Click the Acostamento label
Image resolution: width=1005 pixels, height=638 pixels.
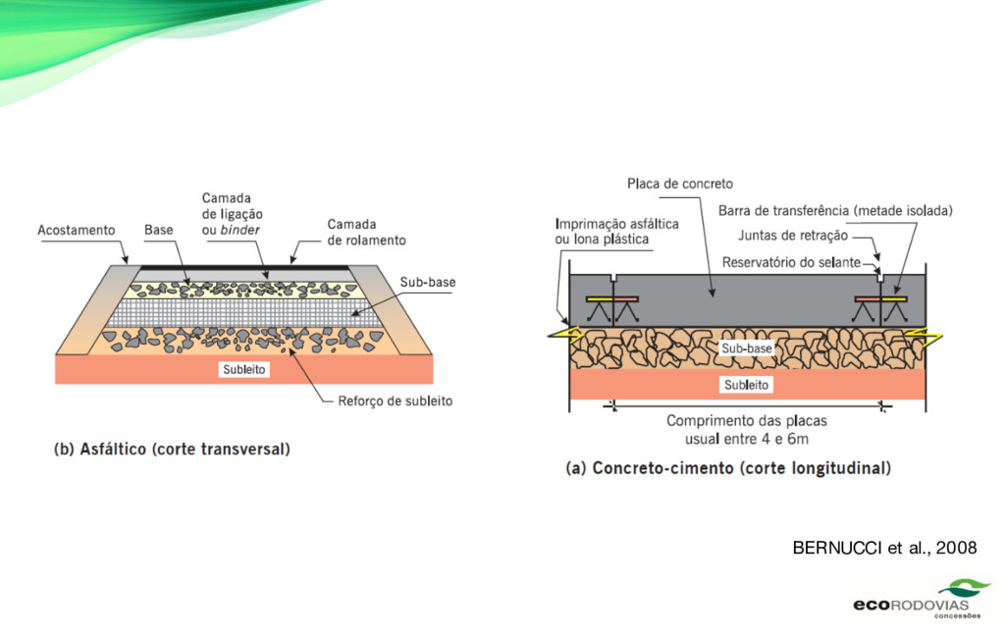76,231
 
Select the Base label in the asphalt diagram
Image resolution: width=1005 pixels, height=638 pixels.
158,231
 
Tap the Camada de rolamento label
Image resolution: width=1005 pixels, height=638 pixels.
365,232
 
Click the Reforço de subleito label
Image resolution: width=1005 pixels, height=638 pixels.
395,400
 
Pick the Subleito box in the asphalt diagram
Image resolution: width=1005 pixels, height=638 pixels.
244,369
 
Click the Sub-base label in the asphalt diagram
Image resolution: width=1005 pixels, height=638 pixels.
427,283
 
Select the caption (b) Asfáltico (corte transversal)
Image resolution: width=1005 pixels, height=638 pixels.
172,451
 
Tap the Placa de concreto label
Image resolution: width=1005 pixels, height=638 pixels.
680,184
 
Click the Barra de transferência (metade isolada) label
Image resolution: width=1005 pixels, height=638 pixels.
835,210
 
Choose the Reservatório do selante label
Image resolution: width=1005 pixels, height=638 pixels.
791,262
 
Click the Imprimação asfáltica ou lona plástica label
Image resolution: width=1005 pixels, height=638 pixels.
616,232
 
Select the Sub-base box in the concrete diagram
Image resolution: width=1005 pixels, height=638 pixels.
746,348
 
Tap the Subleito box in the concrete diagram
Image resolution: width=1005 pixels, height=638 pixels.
746,385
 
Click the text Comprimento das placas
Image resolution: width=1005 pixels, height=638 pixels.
746,421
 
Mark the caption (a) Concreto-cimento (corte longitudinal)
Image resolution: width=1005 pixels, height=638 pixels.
728,469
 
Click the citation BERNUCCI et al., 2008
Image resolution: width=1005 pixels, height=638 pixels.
884,548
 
